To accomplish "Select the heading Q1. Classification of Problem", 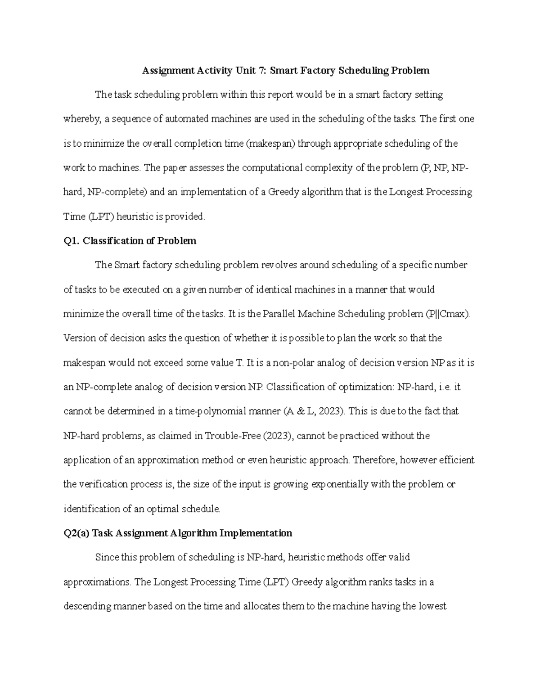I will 130,241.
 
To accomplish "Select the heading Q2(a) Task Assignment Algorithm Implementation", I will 178,533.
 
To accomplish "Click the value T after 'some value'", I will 239,363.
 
